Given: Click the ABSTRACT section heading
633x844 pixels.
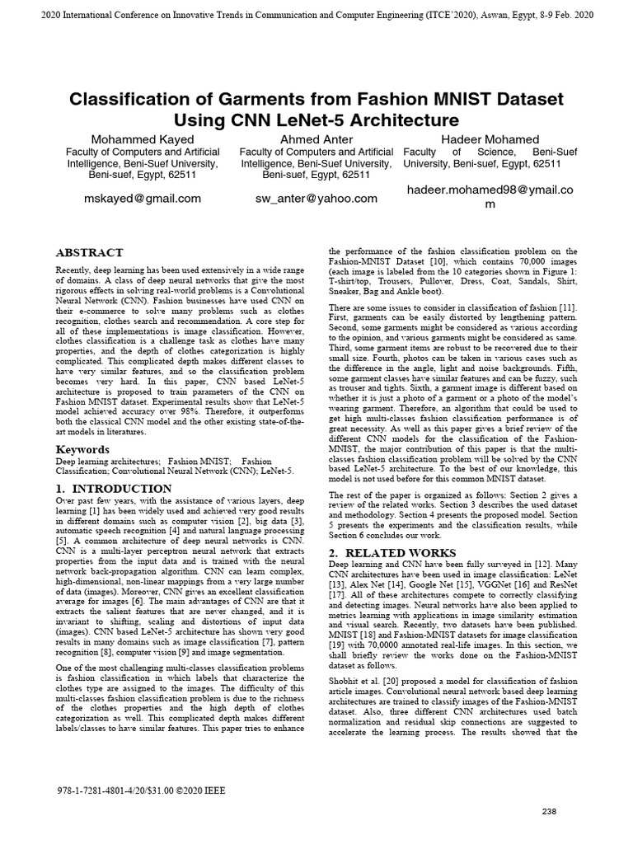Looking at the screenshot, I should tap(89, 252).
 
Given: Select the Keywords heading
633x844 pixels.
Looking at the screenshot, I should tap(82, 449).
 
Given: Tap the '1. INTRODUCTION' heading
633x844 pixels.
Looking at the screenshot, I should tap(113, 489).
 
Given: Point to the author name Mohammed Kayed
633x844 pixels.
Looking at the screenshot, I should tap(143, 139).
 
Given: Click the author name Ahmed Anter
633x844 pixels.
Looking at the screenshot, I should tap(316, 139).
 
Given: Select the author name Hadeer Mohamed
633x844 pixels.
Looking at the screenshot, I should tap(490, 139).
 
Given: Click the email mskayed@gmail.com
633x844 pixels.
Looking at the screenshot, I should tap(143, 199).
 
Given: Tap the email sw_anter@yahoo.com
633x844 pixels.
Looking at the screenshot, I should tap(316, 199).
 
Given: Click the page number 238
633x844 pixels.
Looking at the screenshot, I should tap(550, 811).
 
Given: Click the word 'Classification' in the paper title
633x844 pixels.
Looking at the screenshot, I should tap(143, 100).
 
